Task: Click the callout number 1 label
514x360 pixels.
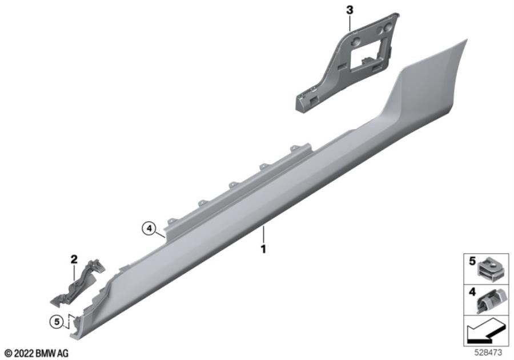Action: (263, 250)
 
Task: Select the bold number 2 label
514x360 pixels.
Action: (74, 259)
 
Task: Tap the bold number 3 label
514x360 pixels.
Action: (350, 10)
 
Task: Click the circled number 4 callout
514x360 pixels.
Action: (149, 229)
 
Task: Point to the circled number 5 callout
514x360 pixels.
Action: (57, 322)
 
